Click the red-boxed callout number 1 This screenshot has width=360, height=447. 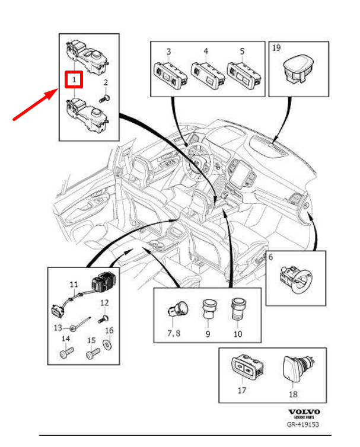tap(73, 79)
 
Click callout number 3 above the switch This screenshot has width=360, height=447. tap(168, 52)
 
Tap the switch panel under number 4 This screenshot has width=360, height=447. tap(205, 74)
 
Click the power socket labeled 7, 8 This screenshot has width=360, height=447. tap(177, 310)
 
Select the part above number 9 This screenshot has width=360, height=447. tap(208, 309)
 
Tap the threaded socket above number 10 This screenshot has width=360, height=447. tap(237, 310)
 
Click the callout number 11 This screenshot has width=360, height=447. tap(74, 285)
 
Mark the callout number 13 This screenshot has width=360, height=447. tap(58, 328)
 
